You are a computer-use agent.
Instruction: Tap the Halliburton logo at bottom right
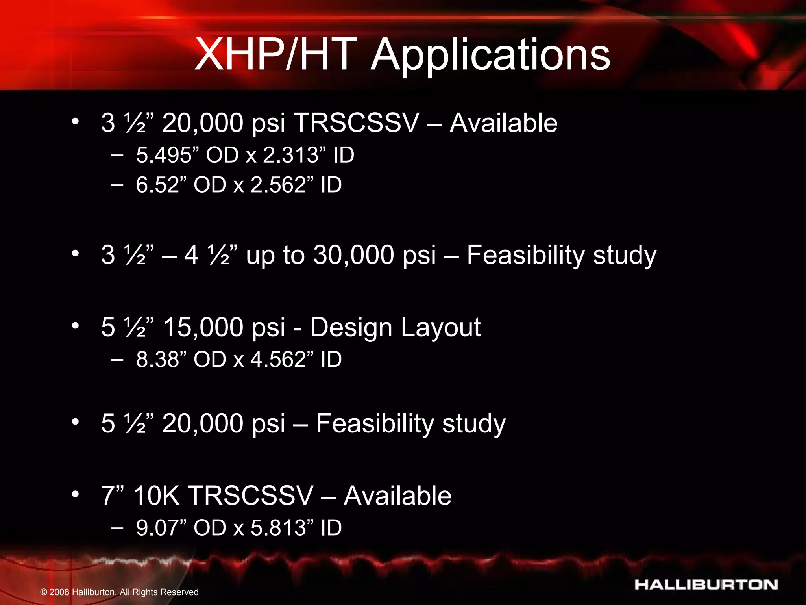coord(706,585)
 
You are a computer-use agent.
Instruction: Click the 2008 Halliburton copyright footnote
coord(120,592)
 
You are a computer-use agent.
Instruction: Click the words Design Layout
coord(395,327)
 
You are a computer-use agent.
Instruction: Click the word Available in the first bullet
coord(503,123)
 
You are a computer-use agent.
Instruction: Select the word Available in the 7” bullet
coord(397,496)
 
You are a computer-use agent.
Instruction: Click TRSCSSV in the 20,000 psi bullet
coord(357,123)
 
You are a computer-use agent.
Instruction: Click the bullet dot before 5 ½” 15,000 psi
coord(75,326)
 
